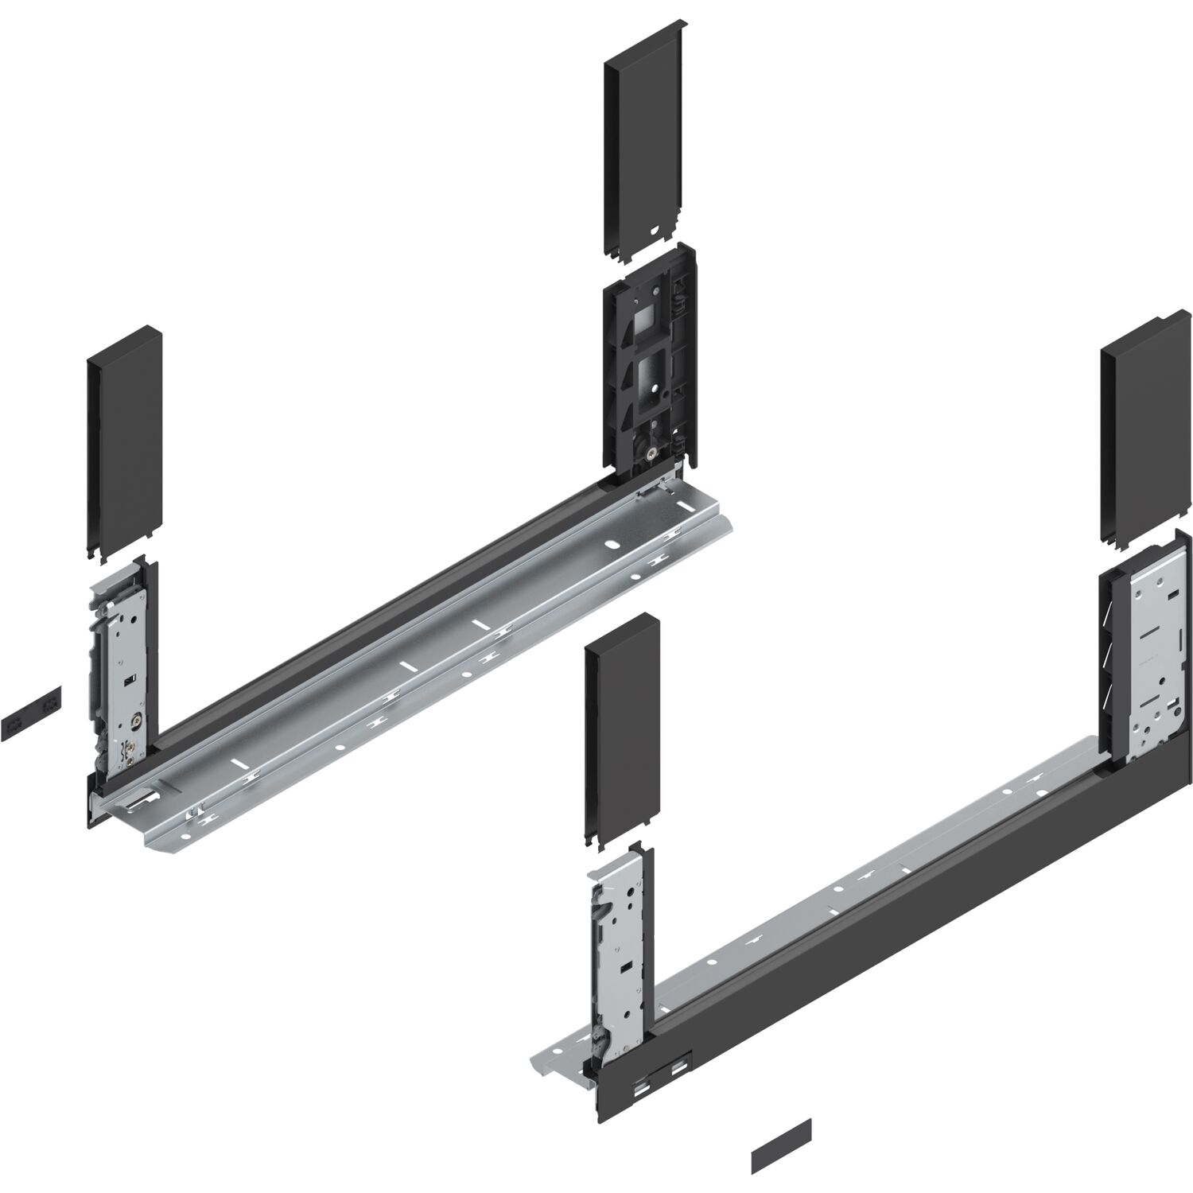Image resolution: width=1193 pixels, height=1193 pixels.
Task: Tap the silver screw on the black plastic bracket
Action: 651,454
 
